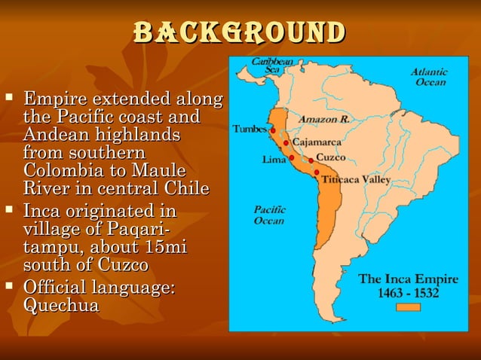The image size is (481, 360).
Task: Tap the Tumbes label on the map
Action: point(250,129)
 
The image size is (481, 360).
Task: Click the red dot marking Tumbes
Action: point(272,130)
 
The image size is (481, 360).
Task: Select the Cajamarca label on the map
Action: point(317,142)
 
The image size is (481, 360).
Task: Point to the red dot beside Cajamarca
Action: point(286,142)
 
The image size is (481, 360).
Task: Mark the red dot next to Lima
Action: point(291,158)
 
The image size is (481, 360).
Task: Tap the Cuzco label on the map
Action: point(331,157)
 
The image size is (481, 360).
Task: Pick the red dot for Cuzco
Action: point(311,160)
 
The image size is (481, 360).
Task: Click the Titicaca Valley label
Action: point(356,180)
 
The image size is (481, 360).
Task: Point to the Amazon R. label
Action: point(323,118)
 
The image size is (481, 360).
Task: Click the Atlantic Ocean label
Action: point(428,77)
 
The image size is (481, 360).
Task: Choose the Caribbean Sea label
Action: point(267,65)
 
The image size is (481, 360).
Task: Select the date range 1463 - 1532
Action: point(408,293)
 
